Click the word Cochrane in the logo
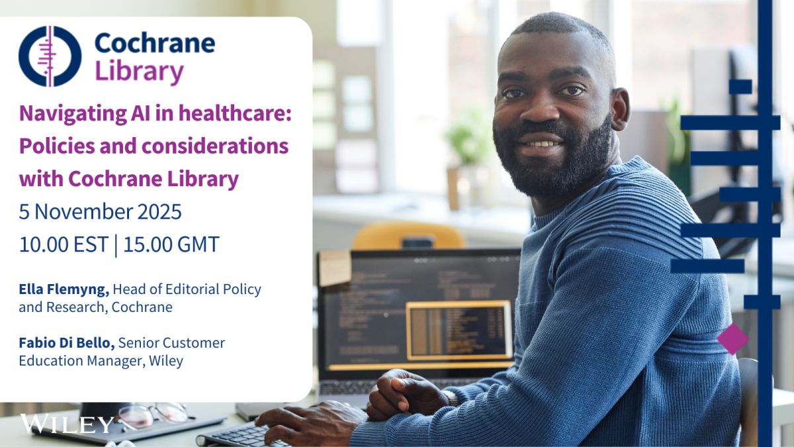click(155, 43)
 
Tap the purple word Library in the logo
click(140, 72)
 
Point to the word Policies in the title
click(57, 146)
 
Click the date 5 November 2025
click(101, 212)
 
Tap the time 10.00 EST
click(64, 244)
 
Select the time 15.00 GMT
click(171, 244)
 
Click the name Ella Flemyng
click(64, 289)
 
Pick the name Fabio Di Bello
click(67, 343)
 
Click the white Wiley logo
click(67, 424)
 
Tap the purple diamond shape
click(732, 339)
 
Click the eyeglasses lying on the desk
click(153, 415)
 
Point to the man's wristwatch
click(451, 398)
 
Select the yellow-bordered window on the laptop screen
click(459, 330)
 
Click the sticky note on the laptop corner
click(335, 268)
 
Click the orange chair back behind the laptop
click(408, 236)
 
